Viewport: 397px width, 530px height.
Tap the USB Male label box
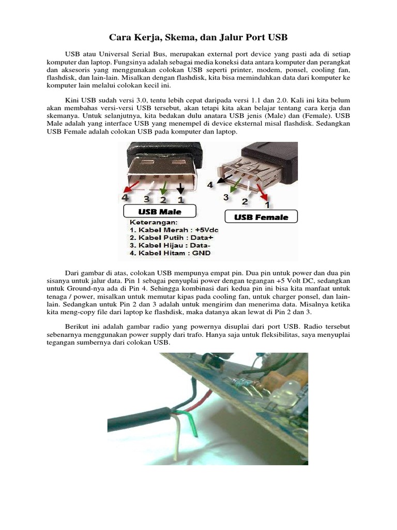(x=159, y=212)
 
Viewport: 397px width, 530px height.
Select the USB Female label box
(x=261, y=217)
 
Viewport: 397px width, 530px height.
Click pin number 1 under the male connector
(x=181, y=199)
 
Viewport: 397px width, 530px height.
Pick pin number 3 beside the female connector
(x=226, y=197)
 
